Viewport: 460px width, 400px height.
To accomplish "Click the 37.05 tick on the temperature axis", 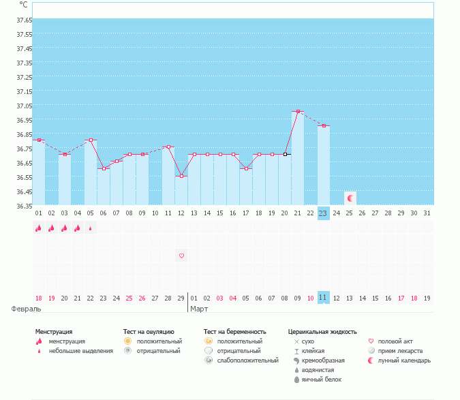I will tap(24, 106).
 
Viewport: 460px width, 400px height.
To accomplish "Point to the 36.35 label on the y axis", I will tap(24, 206).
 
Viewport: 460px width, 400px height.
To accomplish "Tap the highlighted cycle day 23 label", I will tap(323, 213).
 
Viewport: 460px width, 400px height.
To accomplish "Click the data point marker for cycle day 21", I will tap(298, 112).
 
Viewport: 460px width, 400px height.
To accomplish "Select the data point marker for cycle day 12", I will tap(181, 176).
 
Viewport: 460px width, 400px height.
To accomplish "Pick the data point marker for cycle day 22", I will tap(324, 125).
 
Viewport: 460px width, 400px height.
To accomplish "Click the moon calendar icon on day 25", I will tap(350, 198).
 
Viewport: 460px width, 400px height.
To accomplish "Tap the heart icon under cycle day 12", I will tap(181, 256).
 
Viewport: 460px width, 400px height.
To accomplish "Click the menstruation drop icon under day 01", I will tap(39, 229).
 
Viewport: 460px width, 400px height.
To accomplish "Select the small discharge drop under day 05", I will tap(91, 229).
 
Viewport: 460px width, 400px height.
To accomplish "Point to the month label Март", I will tap(199, 309).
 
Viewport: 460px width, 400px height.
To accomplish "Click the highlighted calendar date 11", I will tap(323, 298).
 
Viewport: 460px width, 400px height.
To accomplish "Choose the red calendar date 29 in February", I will tap(181, 298).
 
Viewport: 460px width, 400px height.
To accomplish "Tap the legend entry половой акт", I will tap(395, 341).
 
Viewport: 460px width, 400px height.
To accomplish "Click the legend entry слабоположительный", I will tap(247, 360).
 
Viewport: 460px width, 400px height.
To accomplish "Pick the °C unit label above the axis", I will tap(23, 4).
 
